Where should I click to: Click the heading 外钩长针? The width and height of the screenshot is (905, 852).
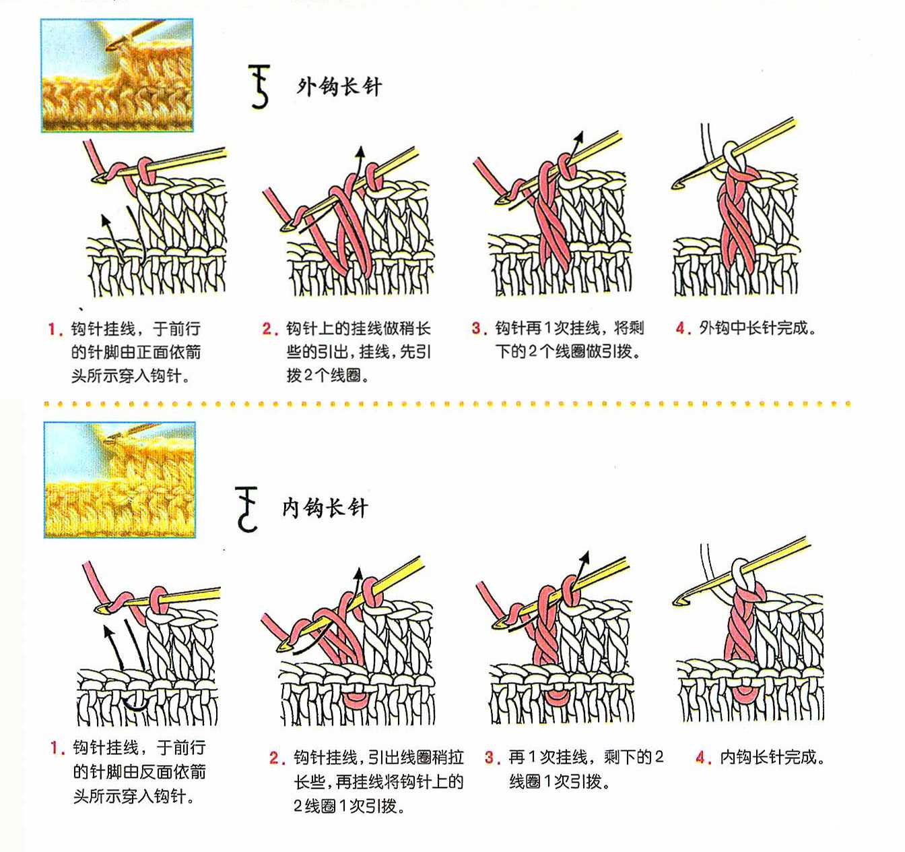coord(339,87)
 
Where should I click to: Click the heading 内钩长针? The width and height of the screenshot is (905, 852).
coord(325,508)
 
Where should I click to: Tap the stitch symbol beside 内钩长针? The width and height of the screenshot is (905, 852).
coord(246,509)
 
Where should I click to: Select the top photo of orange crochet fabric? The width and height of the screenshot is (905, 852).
coord(117,75)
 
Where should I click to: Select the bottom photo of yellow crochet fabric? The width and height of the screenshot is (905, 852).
coord(120,480)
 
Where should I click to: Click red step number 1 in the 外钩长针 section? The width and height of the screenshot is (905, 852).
coord(55,329)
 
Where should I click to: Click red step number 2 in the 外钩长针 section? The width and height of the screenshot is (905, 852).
coord(269,329)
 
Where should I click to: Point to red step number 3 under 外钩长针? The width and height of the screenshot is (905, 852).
coord(479,328)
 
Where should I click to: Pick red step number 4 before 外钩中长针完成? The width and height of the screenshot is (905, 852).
coord(682,328)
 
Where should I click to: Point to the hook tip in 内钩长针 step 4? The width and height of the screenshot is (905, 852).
coord(676,603)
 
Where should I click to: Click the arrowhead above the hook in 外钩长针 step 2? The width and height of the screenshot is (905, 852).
coord(360,152)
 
